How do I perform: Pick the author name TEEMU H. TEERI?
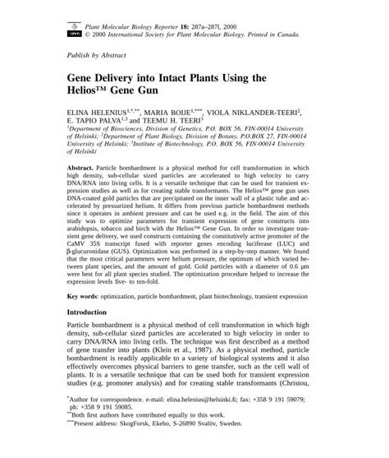pos(185,120)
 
